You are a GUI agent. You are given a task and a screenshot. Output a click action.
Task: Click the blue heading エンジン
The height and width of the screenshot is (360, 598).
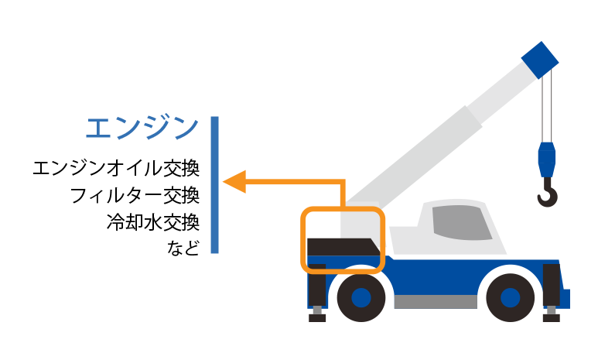[x=142, y=128]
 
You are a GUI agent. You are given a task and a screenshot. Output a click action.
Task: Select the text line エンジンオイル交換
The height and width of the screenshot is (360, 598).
[x=116, y=168]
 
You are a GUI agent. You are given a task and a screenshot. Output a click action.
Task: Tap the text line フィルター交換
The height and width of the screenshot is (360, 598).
[x=135, y=195]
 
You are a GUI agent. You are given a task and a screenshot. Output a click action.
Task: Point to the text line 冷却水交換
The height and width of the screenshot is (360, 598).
[x=153, y=222]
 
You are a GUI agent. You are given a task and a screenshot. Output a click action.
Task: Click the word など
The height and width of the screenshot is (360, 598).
[x=183, y=248]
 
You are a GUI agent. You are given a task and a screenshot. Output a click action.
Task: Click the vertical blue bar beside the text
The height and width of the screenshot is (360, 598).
[x=215, y=185]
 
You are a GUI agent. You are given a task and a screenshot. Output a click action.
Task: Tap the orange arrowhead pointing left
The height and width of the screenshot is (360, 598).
[x=234, y=182]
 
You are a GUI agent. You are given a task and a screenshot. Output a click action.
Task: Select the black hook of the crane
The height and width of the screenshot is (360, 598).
[x=548, y=193]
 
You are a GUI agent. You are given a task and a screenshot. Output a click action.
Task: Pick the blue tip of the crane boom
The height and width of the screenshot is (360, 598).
[x=540, y=60]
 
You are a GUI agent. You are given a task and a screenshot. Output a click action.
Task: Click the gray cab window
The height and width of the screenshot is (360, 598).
[x=462, y=222]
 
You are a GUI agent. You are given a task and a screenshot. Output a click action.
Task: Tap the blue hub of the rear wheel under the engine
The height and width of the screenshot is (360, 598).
[x=361, y=298]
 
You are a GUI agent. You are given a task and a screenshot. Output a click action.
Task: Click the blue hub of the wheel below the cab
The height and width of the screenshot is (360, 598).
[x=511, y=298]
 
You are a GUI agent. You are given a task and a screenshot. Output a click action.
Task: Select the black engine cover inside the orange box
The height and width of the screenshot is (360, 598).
[x=343, y=247]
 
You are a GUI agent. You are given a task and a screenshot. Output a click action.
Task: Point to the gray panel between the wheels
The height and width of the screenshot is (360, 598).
[x=436, y=302]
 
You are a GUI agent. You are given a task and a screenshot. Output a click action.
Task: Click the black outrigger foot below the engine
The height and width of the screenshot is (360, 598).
[x=317, y=318]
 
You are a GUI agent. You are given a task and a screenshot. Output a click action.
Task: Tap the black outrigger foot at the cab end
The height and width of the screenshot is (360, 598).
[x=551, y=318]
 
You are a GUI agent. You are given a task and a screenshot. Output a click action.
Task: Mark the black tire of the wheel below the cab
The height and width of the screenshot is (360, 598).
[x=511, y=298]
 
